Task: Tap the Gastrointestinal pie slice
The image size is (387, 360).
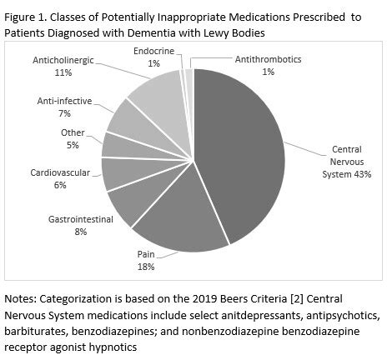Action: pyautogui.click(x=129, y=204)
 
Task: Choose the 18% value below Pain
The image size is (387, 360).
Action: pyautogui.click(x=147, y=267)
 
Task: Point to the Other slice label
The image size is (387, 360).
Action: pyautogui.click(x=73, y=132)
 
